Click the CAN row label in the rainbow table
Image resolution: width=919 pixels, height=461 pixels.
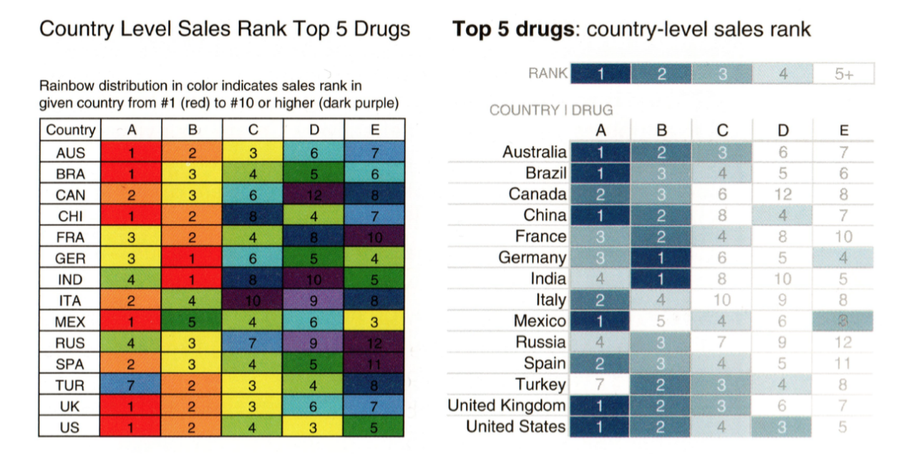[70, 195]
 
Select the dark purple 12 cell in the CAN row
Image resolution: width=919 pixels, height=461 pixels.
[313, 195]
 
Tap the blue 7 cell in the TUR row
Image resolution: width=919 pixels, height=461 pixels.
[131, 385]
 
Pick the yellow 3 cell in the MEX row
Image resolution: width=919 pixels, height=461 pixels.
[374, 321]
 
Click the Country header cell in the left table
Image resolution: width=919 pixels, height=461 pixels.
[70, 130]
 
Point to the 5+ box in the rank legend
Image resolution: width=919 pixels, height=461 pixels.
[844, 74]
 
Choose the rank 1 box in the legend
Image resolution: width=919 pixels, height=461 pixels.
[600, 74]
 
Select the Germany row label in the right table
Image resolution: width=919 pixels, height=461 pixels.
[532, 258]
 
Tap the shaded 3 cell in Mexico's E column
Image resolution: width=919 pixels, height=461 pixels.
[844, 321]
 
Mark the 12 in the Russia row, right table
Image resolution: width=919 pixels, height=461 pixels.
[844, 342]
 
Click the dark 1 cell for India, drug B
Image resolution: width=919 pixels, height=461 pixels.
[661, 278]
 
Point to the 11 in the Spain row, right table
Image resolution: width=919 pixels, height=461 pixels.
[844, 364]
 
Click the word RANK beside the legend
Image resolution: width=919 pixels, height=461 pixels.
[548, 73]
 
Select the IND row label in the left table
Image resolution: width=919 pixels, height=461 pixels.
[70, 279]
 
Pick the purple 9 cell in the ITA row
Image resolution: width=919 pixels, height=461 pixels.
[313, 301]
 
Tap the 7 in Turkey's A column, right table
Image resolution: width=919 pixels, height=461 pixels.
[600, 384]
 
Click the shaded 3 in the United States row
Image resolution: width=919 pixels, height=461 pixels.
[783, 427]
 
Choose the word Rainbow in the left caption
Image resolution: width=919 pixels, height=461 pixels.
[65, 87]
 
